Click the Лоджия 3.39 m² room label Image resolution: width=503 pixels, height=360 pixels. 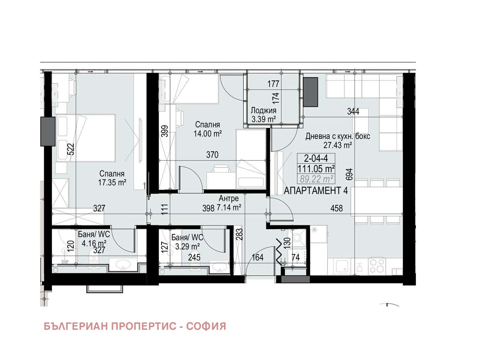pyautogui.click(x=263, y=115)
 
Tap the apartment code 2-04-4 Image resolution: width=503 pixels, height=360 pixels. pyautogui.click(x=316, y=158)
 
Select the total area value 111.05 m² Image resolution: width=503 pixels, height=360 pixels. pyautogui.click(x=316, y=168)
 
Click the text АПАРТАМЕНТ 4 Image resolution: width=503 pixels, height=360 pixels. pyautogui.click(x=316, y=191)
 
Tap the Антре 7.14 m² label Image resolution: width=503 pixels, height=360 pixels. pyautogui.click(x=229, y=203)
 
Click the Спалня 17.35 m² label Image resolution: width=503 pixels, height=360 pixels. pyautogui.click(x=112, y=178)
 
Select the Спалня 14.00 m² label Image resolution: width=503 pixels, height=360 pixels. pyautogui.click(x=208, y=129)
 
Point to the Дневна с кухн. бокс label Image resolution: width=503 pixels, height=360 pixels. pyautogui.click(x=337, y=137)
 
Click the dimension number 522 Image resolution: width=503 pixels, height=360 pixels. pyautogui.click(x=71, y=149)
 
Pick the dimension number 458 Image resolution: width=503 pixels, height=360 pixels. pyautogui.click(x=337, y=208)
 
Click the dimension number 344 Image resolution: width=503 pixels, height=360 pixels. pyautogui.click(x=353, y=111)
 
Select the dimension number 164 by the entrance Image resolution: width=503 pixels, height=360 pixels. pyautogui.click(x=258, y=257)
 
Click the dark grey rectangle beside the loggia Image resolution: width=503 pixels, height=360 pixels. pyautogui.click(x=310, y=92)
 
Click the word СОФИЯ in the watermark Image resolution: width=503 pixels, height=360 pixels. pyautogui.click(x=206, y=326)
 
